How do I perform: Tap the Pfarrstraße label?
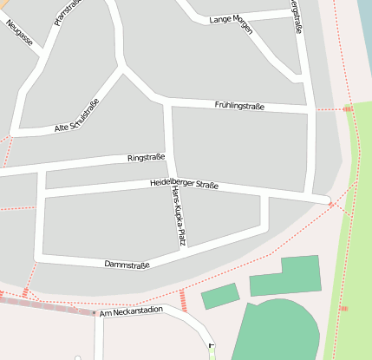[x=60, y=12]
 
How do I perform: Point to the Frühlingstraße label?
[x=239, y=106]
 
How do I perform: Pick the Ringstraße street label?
[x=146, y=158]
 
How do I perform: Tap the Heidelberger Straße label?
[x=184, y=184]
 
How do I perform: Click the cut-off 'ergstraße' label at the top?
[x=300, y=17]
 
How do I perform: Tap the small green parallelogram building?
[x=220, y=296]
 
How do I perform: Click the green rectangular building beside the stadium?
[x=285, y=277]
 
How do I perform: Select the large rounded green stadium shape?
[x=277, y=330]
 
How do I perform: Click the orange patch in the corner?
[x=3, y=3]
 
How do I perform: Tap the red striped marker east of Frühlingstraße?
[x=348, y=108]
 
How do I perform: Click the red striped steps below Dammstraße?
[x=183, y=300]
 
